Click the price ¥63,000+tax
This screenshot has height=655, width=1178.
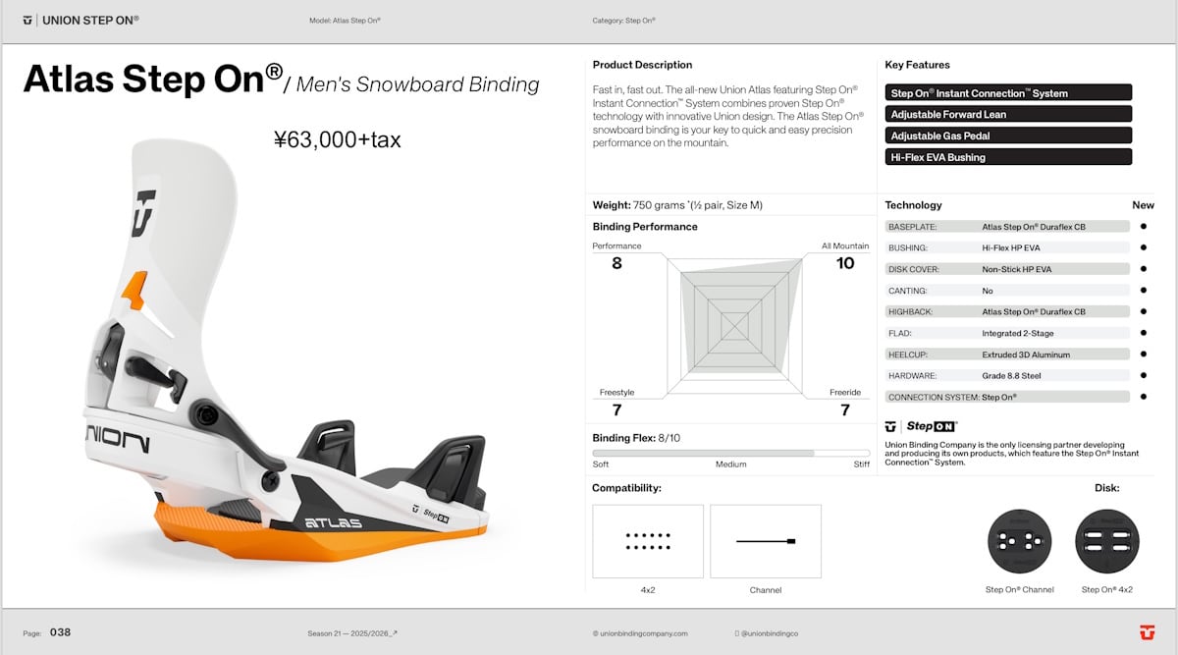(x=337, y=140)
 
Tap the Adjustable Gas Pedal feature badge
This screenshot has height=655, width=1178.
(x=1008, y=136)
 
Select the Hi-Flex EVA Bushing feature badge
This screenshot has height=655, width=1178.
(x=1008, y=157)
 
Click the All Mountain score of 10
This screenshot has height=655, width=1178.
(x=845, y=263)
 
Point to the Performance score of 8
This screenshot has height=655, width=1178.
(x=616, y=263)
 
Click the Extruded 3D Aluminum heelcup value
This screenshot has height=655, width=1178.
(x=1026, y=355)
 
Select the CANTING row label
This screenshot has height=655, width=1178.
(x=908, y=291)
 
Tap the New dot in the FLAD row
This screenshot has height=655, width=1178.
(x=1143, y=333)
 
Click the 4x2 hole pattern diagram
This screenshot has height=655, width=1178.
(x=648, y=541)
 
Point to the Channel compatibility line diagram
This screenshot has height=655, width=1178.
(x=766, y=541)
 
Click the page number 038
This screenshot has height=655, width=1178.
(x=60, y=632)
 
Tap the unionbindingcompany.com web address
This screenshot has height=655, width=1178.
(x=640, y=633)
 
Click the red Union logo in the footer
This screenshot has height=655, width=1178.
(x=1145, y=632)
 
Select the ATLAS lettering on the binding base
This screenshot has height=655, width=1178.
(x=333, y=522)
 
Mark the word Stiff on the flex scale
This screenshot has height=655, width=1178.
(x=861, y=464)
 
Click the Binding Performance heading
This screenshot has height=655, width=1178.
(x=645, y=227)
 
